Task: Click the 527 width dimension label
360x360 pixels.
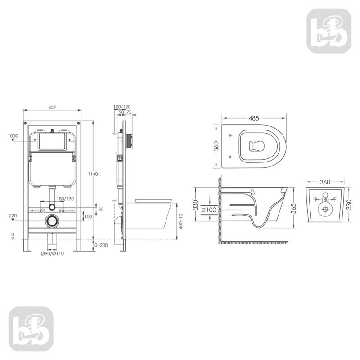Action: tap(52, 107)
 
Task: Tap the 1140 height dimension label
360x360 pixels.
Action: tap(93, 174)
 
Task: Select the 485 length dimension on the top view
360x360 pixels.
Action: tap(254, 118)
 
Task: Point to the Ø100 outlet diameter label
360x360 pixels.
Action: tap(209, 210)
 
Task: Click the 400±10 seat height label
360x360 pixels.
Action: tap(181, 221)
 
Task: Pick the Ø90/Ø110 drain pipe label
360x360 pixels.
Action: tap(52, 254)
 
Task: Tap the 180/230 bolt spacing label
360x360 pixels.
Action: tap(65, 198)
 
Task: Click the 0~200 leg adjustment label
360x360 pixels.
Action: tap(101, 245)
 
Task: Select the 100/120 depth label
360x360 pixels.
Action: tap(122, 107)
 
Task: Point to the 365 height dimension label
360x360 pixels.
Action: tap(293, 208)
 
